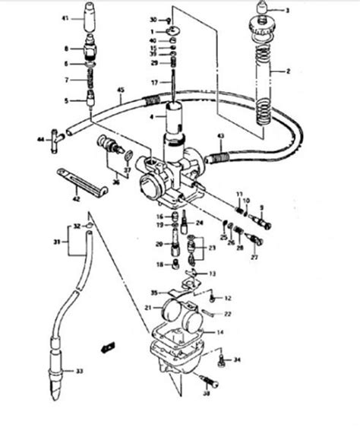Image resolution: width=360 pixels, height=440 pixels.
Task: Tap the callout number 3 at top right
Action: (288, 11)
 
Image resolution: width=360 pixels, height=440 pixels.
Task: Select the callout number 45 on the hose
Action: (121, 90)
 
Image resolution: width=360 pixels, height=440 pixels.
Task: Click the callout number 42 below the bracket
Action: (75, 200)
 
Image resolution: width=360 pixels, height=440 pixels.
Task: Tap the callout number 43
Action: (219, 135)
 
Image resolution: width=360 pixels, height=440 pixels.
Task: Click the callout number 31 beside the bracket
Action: (55, 242)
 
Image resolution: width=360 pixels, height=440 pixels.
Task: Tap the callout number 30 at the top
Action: (153, 18)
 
